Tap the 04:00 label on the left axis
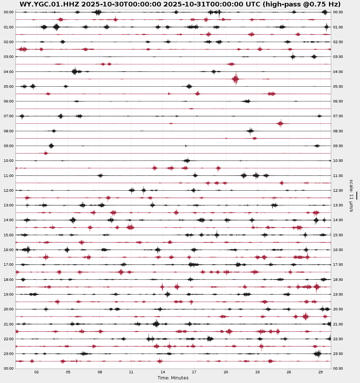coord(9,72)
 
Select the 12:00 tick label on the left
coord(9,190)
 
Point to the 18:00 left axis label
coord(9,279)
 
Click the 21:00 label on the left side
coord(9,324)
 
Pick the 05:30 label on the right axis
coord(338,86)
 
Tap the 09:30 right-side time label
coord(338,146)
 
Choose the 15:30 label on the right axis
coord(338,235)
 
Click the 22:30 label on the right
coord(338,339)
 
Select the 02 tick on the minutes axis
coord(37,372)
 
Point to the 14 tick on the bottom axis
coord(163,372)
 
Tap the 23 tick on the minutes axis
coord(257,372)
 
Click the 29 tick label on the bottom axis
coord(320,372)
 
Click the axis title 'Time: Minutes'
coord(173,378)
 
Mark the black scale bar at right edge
coord(356,195)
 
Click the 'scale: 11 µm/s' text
coord(351,195)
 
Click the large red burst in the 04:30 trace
coord(235,79)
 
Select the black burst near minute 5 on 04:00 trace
coord(75,71)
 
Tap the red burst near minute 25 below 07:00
coord(280,123)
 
